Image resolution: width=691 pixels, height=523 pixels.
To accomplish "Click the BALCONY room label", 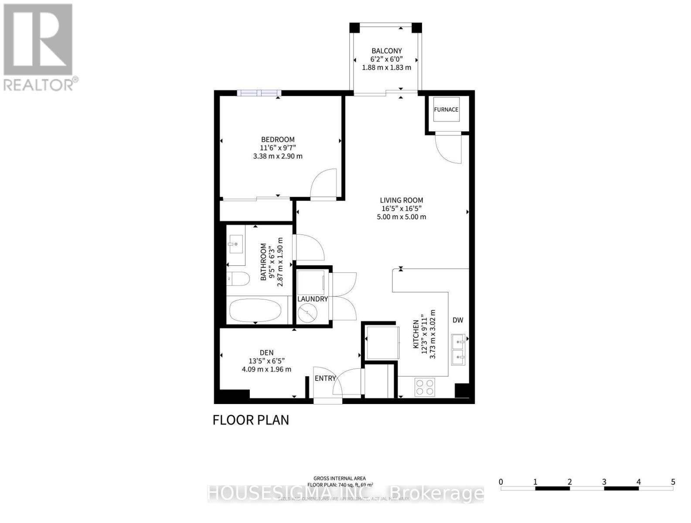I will point(386,51).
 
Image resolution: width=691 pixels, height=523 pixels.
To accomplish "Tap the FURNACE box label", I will point(446,109).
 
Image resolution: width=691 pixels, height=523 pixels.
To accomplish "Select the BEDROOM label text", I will point(278,139).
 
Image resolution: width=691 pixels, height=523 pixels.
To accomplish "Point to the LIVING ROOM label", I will point(401,200).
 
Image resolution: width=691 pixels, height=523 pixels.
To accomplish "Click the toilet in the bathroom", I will point(238,278).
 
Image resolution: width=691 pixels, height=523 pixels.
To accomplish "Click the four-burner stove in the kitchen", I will point(424,387).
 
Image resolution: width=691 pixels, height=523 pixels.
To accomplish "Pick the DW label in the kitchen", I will point(457,320).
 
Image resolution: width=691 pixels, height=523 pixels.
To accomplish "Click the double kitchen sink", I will point(458,350).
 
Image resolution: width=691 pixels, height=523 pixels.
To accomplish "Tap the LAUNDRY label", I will point(312,299).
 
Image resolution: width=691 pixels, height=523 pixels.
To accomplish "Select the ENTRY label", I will point(325,378).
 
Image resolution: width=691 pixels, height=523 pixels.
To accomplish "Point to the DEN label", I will point(266,353).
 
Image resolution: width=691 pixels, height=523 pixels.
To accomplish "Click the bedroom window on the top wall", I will point(259,93).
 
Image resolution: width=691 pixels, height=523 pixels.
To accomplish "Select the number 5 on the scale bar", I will point(673,482).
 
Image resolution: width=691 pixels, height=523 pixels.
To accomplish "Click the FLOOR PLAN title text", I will point(251,420).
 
